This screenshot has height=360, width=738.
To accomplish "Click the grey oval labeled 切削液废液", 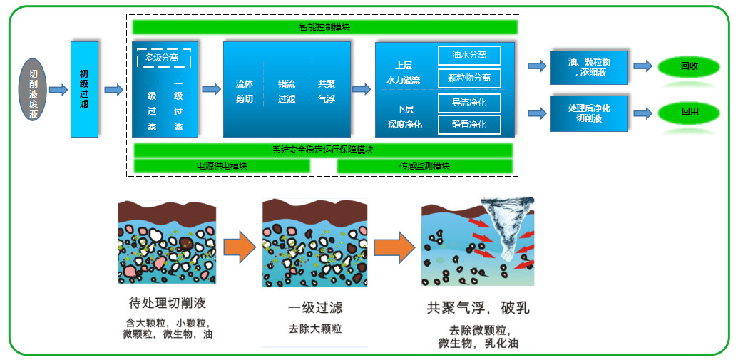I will (x=33, y=89).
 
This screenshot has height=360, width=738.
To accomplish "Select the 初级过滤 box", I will (x=84, y=89).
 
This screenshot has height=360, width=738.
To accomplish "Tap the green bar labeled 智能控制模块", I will (x=324, y=27).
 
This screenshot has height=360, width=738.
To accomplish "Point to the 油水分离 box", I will (x=469, y=56).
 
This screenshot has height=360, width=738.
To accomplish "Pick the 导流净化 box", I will (x=469, y=103).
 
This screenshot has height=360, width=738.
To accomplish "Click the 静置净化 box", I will (x=469, y=125).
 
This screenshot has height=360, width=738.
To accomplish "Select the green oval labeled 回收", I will (x=689, y=66).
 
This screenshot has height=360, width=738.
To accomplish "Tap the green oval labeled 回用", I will (x=689, y=113).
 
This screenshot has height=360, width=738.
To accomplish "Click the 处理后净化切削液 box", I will (x=589, y=113).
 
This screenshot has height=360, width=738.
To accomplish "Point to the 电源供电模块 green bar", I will (x=222, y=165).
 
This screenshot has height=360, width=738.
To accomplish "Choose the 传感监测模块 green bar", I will (x=424, y=165).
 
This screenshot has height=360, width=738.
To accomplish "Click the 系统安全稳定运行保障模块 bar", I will (x=323, y=150).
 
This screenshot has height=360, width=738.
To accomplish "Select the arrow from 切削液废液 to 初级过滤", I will (x=58, y=90).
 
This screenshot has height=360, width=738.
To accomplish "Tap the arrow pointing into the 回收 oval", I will (x=642, y=66).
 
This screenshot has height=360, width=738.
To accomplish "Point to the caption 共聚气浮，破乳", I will (x=478, y=309).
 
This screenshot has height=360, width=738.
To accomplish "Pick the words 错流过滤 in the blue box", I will (x=286, y=91).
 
